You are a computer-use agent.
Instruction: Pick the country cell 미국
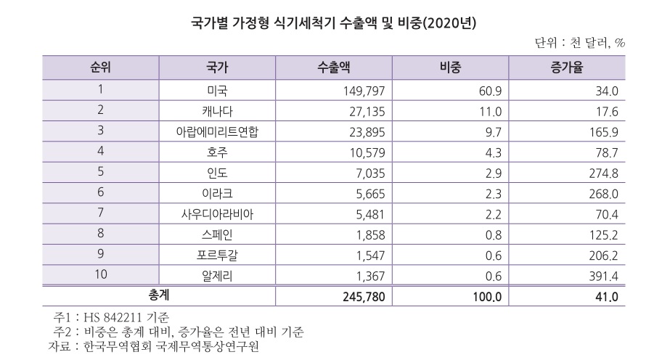[x=217, y=91]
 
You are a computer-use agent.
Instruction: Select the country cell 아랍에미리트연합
[x=217, y=131]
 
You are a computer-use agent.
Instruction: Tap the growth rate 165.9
[x=602, y=131]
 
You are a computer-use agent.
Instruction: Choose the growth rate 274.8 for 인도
[x=602, y=173]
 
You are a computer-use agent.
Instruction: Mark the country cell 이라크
[x=217, y=193]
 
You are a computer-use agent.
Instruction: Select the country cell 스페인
[x=217, y=234]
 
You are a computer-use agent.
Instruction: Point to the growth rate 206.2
[x=602, y=255]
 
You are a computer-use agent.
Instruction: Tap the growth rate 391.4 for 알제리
[x=602, y=275]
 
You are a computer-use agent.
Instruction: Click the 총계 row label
[x=160, y=296]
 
